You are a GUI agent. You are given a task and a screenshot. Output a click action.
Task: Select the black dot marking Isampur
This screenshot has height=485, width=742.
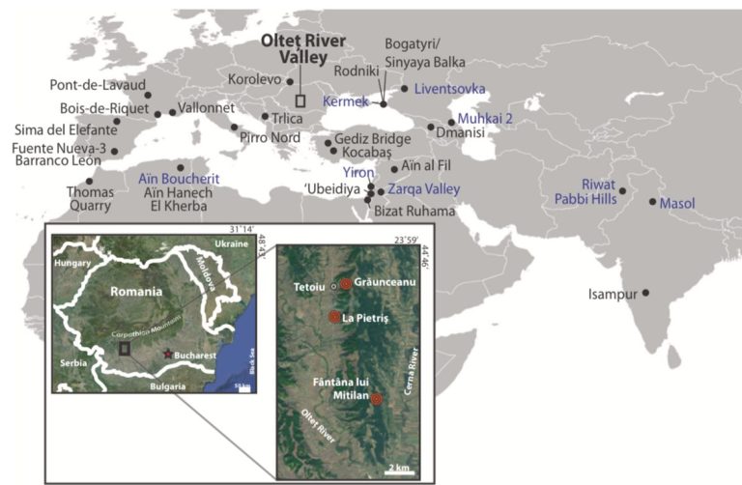coord(646,293)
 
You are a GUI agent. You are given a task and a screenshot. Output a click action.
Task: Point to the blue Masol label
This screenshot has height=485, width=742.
coord(681,203)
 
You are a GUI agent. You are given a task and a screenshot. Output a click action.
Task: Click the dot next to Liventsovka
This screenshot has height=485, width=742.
coord(404,89)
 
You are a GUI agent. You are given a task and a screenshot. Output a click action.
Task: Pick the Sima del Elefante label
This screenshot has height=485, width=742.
coord(63,129)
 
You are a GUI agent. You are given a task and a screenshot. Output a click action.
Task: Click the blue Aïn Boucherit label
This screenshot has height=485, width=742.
coord(174,179)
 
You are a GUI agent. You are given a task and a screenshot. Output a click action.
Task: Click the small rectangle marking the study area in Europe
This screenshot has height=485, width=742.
coord(300,100)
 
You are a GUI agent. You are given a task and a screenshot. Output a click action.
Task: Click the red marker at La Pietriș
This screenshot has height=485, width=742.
coord(334,317)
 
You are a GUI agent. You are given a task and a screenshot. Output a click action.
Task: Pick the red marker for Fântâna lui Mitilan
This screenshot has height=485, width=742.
coord(377,399)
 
